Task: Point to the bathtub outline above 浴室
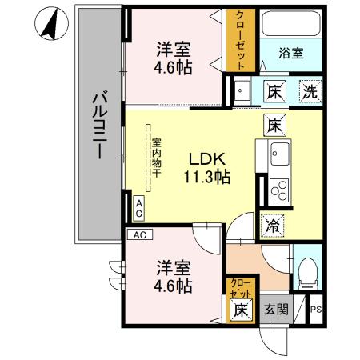pyautogui.click(x=292, y=25)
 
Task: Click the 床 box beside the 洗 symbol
pyautogui.click(x=272, y=90)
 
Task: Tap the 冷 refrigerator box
pyautogui.click(x=272, y=226)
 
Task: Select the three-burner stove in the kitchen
pyautogui.click(x=280, y=190)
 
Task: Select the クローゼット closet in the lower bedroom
pyautogui.click(x=239, y=287)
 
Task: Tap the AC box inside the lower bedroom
pyautogui.click(x=140, y=235)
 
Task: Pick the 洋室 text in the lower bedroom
pyautogui.click(x=173, y=266)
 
